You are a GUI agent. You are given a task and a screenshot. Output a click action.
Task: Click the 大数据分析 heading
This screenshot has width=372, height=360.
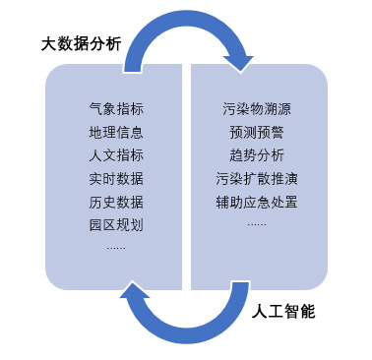point(81,44)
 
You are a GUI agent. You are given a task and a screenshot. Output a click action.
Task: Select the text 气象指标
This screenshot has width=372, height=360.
point(116,108)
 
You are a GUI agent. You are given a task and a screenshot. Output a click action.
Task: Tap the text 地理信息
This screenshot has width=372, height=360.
point(116,132)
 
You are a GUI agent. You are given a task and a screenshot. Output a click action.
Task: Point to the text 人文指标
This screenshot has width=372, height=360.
point(116,155)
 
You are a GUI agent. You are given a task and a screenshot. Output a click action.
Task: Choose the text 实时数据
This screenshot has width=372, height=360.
point(116,179)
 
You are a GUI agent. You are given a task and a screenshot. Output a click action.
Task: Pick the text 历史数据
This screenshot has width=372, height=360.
point(116,203)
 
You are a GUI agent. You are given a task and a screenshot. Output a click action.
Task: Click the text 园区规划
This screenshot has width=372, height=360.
point(116,225)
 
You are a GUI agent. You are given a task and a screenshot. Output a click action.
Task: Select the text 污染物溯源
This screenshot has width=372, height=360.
point(257,108)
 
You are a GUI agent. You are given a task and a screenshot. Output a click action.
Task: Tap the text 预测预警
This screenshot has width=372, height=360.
point(257,132)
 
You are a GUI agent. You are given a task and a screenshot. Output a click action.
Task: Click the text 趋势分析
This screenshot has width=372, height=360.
point(257,155)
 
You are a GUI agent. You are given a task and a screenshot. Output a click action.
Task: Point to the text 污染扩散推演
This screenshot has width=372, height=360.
point(257,179)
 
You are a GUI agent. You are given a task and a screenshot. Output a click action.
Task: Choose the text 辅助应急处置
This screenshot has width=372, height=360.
point(257,203)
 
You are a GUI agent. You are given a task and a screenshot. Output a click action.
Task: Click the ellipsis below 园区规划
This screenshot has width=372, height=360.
point(116,246)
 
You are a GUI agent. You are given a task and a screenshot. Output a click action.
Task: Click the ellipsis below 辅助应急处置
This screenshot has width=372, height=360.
point(257,223)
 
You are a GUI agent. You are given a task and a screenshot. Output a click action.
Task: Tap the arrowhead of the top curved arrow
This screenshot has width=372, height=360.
point(238,61)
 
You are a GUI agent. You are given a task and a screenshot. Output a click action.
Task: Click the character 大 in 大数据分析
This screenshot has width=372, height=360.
point(48,44)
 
